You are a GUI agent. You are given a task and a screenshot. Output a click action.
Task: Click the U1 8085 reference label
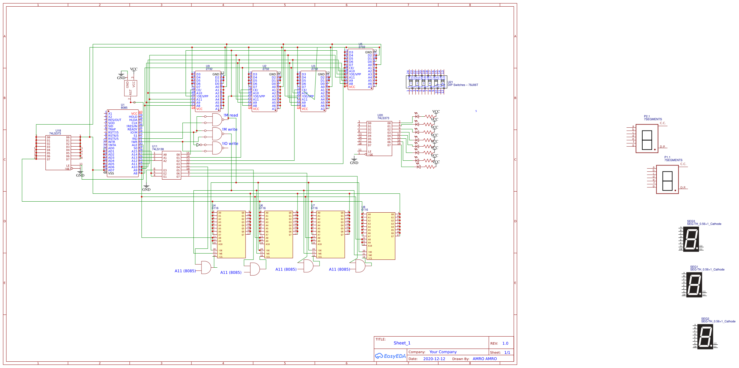coord(124,106)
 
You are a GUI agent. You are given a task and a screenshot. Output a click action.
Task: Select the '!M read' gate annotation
coord(231,115)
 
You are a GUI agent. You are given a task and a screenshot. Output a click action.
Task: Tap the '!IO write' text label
coord(230,144)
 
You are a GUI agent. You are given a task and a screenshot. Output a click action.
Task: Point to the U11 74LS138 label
coord(158,148)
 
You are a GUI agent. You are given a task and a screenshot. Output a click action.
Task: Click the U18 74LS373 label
coord(55,132)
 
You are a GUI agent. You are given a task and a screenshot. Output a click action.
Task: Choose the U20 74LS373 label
coord(383,117)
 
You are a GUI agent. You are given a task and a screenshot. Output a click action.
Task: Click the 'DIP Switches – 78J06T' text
coord(463,85)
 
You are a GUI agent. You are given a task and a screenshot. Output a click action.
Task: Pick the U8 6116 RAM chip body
coord(381,236)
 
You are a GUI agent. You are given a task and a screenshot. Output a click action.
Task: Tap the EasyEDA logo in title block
coord(390,356)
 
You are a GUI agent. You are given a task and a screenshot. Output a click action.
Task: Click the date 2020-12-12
coord(434,359)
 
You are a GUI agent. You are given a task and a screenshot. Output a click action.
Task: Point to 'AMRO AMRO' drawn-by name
coord(485,359)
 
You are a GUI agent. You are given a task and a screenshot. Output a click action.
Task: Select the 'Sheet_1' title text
coord(402,343)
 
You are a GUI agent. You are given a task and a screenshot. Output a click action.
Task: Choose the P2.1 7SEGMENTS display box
coord(647,139)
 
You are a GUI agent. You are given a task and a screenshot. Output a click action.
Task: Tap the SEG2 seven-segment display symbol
coord(705,337)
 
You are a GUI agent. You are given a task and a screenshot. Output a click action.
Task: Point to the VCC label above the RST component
coord(134,69)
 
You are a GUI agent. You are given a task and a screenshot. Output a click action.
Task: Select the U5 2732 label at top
coord(361,46)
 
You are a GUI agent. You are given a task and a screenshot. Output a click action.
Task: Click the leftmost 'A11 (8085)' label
coord(185,271)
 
